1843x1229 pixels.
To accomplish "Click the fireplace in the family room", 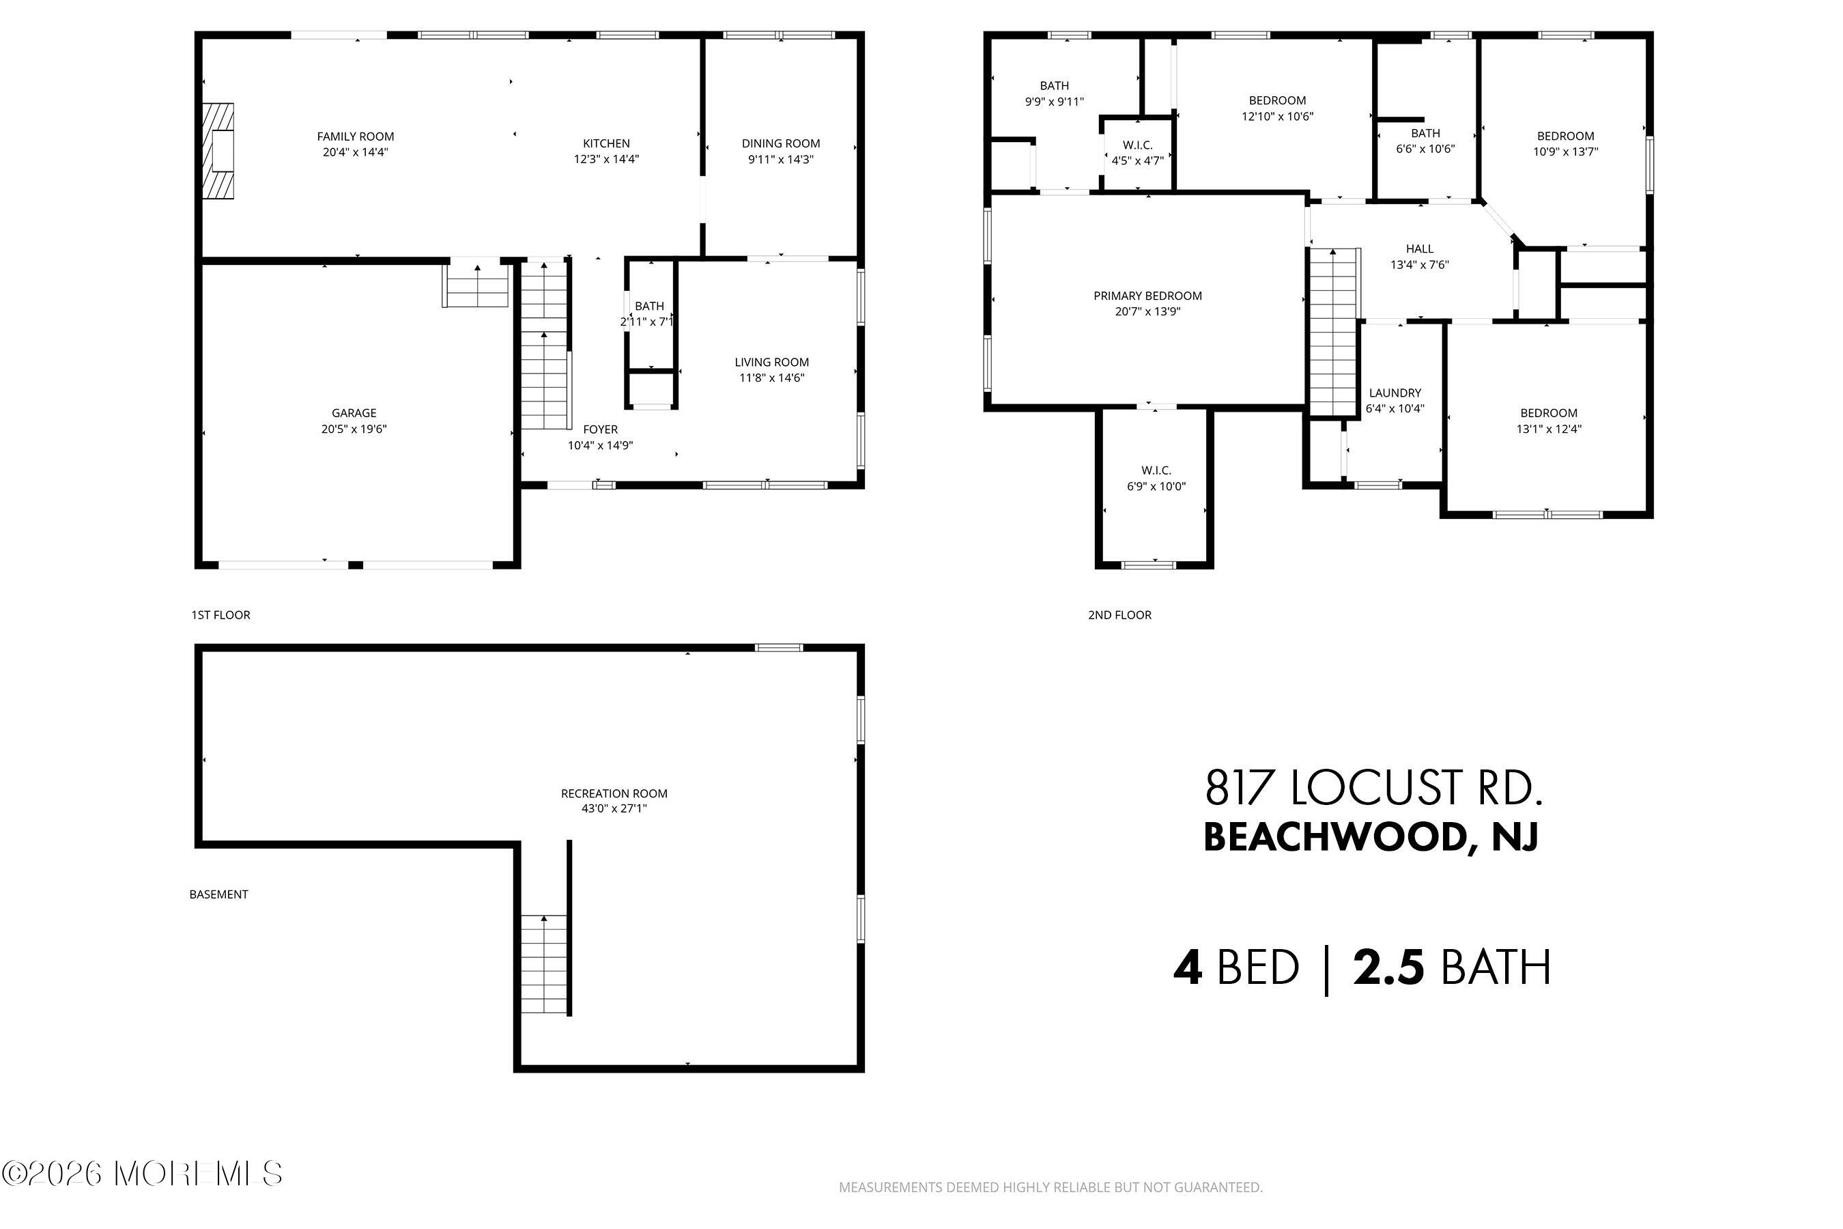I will [218, 150].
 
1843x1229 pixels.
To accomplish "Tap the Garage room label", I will [354, 413].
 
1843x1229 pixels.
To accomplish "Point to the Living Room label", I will [771, 362].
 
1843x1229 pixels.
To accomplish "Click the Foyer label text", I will [600, 429].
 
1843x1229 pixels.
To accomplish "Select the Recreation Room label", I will [614, 793].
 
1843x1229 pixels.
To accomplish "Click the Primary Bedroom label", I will [1147, 296].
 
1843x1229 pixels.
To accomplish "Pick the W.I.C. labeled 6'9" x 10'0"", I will [1156, 478].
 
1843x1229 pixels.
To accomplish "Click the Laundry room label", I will [1395, 393].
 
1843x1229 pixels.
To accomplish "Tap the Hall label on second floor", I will [1419, 249].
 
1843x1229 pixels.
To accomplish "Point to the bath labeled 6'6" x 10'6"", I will [1425, 141].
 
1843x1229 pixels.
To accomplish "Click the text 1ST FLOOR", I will [221, 614].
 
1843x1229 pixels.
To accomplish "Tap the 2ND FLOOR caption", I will [1119, 614].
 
